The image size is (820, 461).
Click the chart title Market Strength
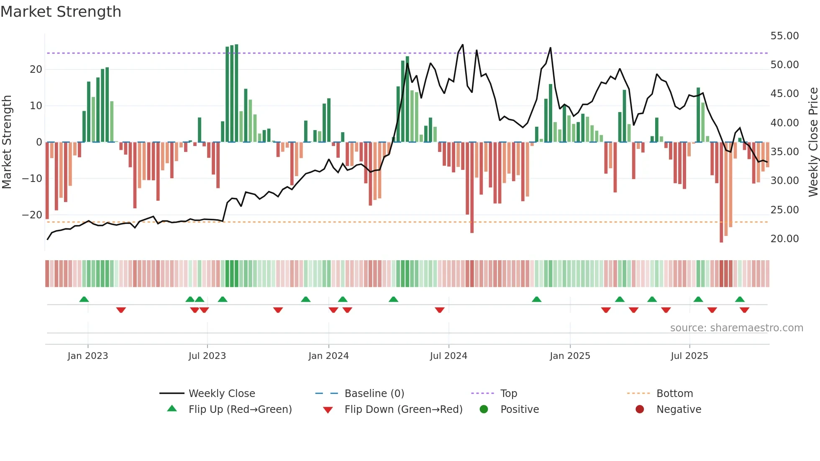point(61,12)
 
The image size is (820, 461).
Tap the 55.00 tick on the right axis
point(784,36)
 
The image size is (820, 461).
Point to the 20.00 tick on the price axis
point(784,239)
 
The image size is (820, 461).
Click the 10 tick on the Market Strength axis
point(36,106)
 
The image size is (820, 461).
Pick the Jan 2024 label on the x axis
point(328,356)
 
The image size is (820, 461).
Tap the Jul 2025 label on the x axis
point(689,356)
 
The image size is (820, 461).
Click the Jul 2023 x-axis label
point(207,356)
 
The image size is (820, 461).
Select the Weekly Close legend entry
point(221,394)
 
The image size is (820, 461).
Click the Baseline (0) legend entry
point(374,394)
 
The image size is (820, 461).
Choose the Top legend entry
point(508,394)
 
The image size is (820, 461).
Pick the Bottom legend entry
point(674,394)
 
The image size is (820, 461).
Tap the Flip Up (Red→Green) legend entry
point(240,410)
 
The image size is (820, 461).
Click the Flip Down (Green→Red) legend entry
point(403,410)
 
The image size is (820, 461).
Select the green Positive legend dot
point(484,410)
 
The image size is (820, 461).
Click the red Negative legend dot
point(640,410)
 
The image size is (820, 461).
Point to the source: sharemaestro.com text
point(736,328)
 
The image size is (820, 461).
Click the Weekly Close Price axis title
point(813,142)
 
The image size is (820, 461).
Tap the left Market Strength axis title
point(7,142)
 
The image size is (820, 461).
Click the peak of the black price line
point(462,45)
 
